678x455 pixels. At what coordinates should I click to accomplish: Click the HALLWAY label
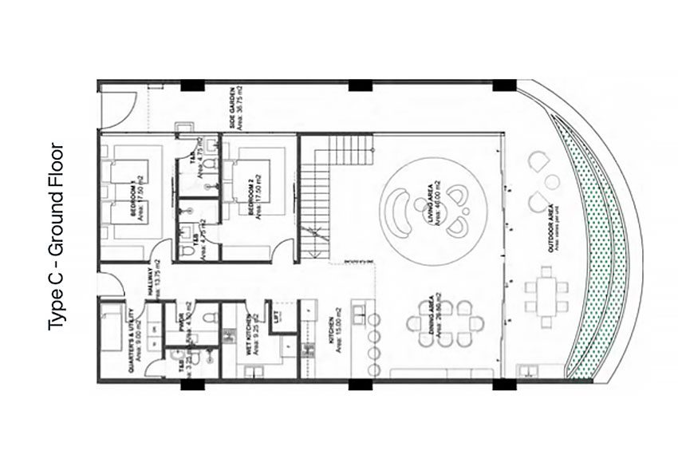(152, 282)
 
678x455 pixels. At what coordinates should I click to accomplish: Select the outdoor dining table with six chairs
(546, 295)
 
